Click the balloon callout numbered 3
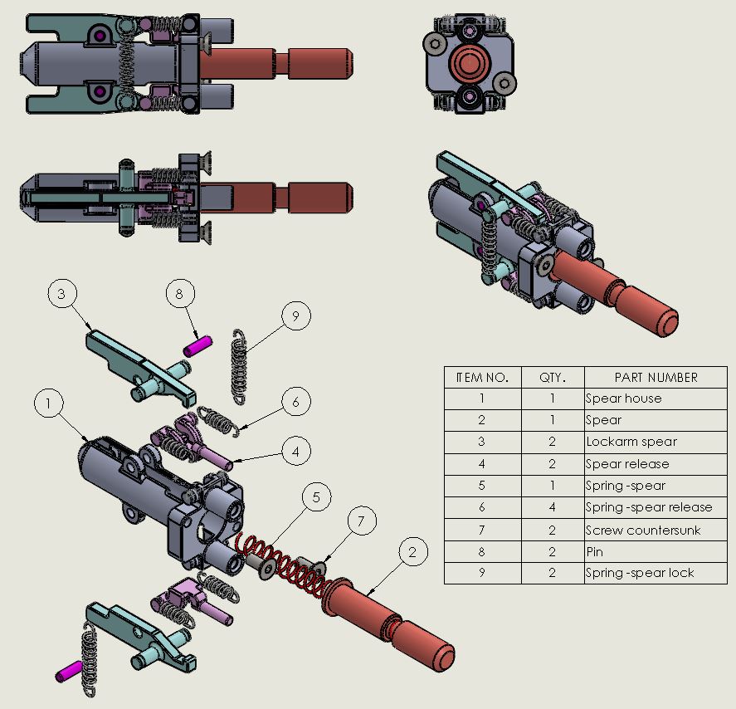coord(62,293)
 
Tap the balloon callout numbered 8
coord(180,293)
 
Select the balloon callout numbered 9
coord(296,315)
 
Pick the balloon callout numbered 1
coord(49,403)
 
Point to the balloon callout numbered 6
coord(296,402)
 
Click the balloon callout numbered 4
coord(296,451)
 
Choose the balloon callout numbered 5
coord(316,496)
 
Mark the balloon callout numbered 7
coord(362,521)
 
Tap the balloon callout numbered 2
coord(413,552)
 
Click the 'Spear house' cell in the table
coord(656,399)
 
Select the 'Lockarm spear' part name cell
coord(656,443)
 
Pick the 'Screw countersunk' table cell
coord(656,531)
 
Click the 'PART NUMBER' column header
coord(656,378)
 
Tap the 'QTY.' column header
coord(553,378)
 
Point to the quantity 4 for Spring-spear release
coord(553,507)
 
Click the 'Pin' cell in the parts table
coord(656,552)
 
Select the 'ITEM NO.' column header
coord(483,378)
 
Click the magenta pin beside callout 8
coord(197,346)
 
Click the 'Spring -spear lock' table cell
coord(656,574)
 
